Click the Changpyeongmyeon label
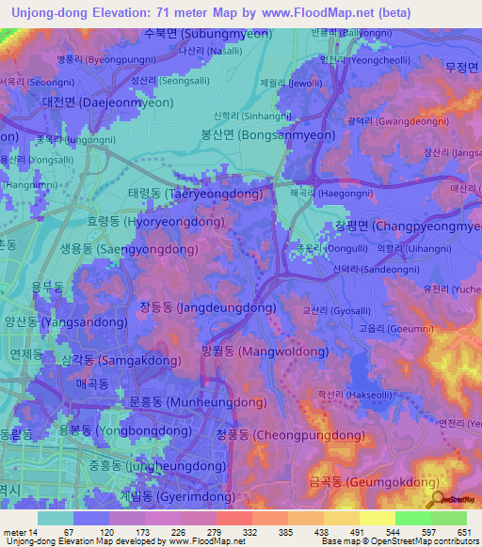click(x=410, y=227)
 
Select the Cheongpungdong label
click(x=290, y=435)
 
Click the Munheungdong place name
click(x=185, y=402)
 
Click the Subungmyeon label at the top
click(x=207, y=34)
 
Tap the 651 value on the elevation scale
click(x=456, y=533)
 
